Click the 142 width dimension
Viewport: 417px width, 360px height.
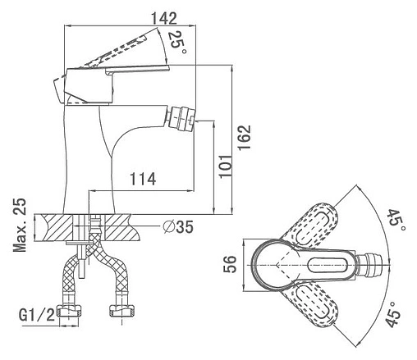[164, 19]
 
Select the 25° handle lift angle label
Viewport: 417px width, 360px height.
[177, 43]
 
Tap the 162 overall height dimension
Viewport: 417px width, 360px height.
[244, 137]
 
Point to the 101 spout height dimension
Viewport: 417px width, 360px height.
[225, 166]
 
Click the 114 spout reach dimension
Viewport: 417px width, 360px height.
[143, 179]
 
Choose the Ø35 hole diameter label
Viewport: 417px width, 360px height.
[178, 226]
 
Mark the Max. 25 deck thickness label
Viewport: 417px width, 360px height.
[20, 225]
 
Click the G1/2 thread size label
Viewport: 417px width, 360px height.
[37, 315]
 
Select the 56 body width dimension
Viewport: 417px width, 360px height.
[229, 264]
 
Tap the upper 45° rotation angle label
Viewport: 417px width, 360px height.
[396, 221]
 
